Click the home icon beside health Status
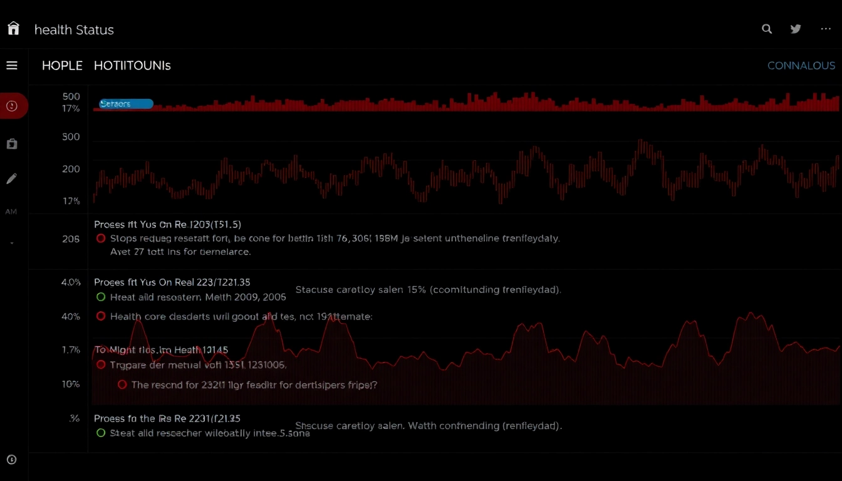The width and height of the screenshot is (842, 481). click(13, 29)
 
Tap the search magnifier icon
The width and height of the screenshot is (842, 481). click(767, 29)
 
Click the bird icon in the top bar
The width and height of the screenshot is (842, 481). click(796, 29)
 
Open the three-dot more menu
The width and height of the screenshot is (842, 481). click(826, 29)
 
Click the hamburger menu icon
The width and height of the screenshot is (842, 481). click(12, 66)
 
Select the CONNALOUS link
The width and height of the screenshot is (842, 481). click(801, 66)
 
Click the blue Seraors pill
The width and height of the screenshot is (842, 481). click(125, 104)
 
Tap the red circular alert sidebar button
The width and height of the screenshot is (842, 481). click(12, 106)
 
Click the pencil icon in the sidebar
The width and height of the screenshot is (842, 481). click(11, 179)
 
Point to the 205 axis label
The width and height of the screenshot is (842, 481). click(71, 239)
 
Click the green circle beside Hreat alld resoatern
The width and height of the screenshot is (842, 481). click(101, 297)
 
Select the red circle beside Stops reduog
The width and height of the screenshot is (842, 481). click(101, 239)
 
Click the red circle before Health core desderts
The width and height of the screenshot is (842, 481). click(101, 316)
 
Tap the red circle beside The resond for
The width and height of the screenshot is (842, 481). click(122, 385)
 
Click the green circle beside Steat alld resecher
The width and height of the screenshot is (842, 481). click(101, 433)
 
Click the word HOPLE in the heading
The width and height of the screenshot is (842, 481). click(62, 66)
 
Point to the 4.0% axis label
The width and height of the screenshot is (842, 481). click(71, 282)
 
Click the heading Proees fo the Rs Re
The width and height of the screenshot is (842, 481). click(167, 418)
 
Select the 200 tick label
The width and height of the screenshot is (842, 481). click(71, 169)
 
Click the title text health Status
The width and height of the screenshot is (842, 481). click(74, 29)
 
